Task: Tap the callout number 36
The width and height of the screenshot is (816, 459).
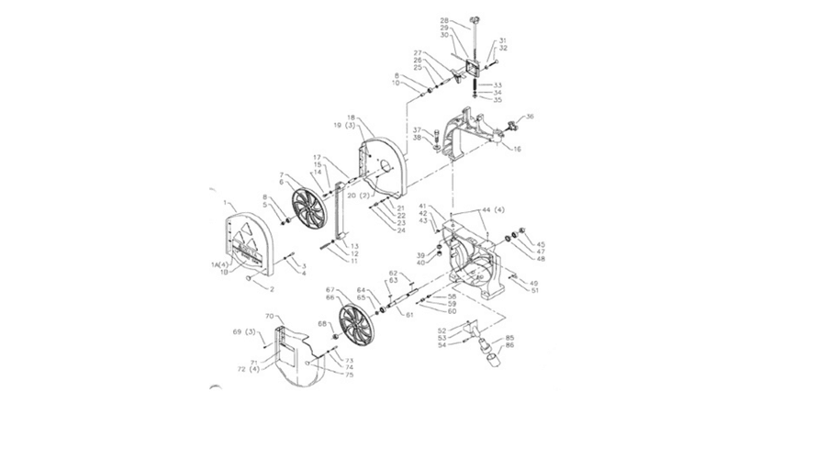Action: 530,117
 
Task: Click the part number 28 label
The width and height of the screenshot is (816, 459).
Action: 445,20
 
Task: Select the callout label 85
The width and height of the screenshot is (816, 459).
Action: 509,337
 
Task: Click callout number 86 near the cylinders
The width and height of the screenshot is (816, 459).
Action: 509,346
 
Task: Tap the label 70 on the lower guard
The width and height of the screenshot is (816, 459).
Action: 270,316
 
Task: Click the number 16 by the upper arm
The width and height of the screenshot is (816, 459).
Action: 517,149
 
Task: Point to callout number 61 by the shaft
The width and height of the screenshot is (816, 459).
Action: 409,315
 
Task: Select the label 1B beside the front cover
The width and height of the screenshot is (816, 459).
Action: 224,272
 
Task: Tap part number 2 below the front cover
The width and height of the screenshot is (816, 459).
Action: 272,289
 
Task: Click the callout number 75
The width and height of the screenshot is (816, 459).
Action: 350,375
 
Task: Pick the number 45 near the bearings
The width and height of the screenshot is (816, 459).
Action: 542,244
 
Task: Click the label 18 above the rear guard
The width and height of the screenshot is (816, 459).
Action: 351,118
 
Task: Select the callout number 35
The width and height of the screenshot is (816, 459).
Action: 497,100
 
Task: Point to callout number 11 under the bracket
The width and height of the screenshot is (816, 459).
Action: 354,262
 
